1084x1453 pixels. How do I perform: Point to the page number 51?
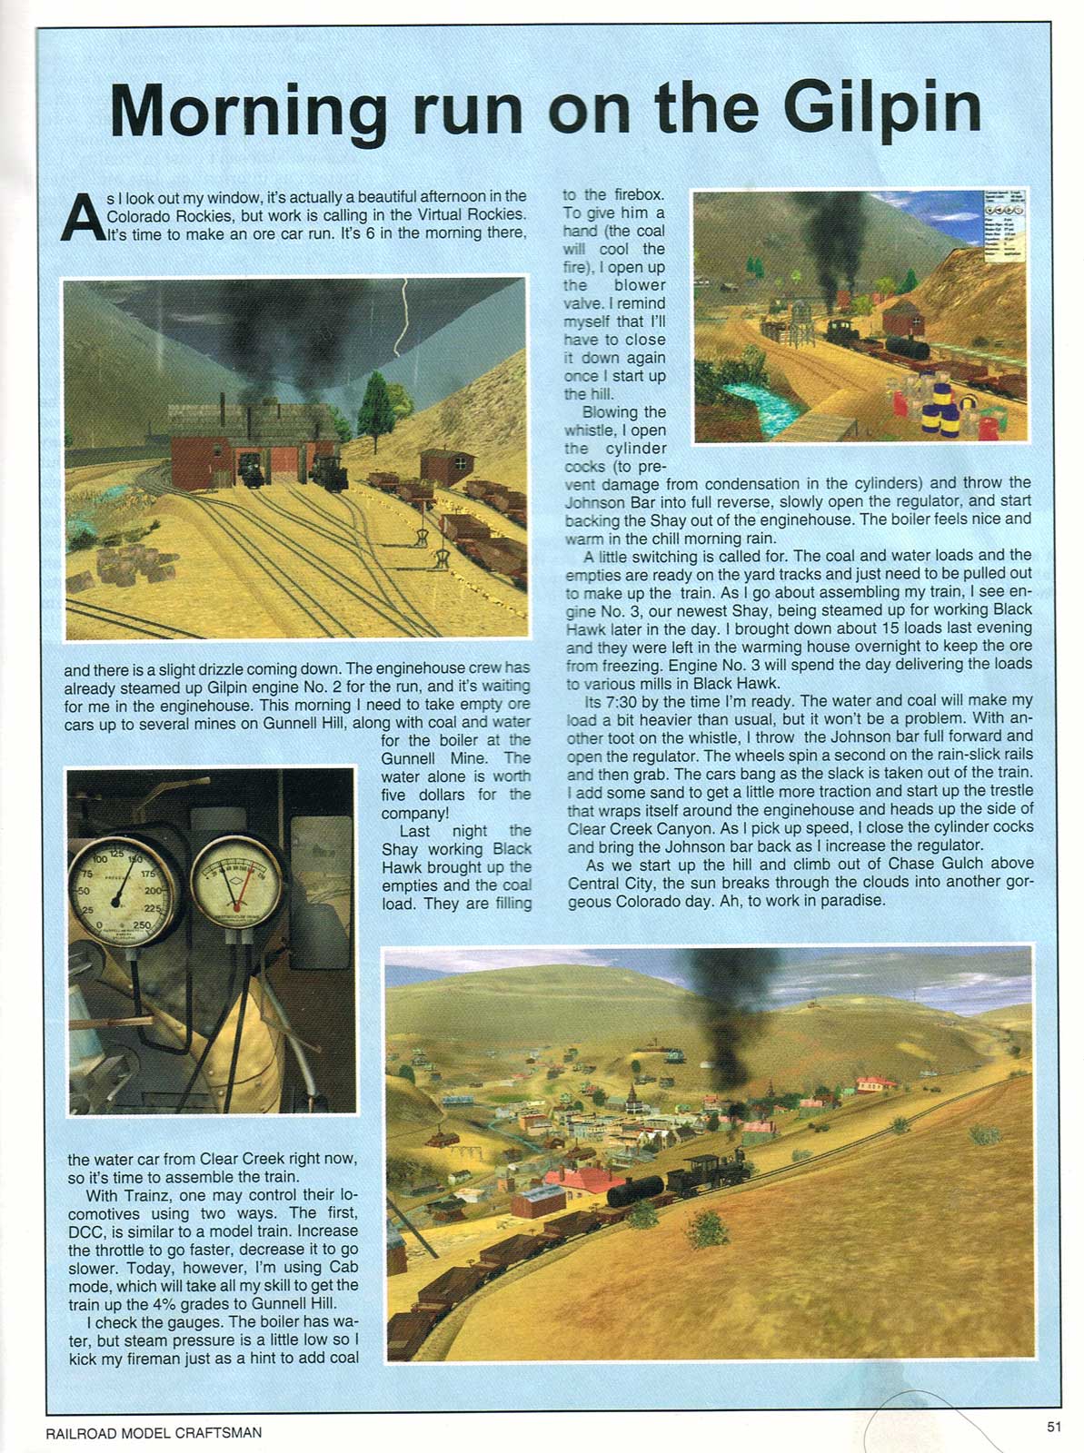coord(1053,1426)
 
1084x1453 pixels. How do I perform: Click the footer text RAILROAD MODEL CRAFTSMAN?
coord(154,1432)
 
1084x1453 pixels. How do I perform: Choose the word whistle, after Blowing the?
coord(589,430)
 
